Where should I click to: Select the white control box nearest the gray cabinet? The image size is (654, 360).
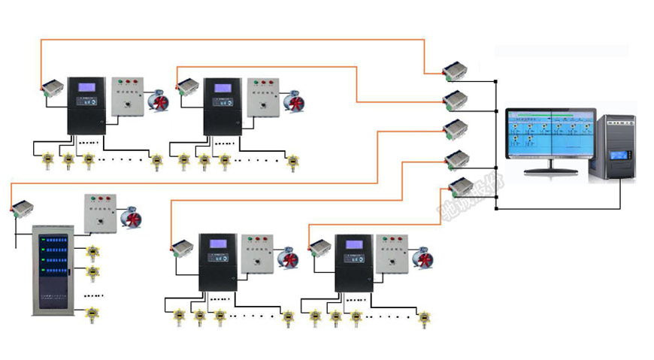point(100,213)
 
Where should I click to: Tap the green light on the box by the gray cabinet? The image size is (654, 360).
point(92,199)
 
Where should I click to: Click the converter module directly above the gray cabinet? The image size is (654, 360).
point(22,205)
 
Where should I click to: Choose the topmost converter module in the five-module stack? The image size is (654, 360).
point(455,71)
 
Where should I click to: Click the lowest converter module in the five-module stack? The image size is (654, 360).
point(459,186)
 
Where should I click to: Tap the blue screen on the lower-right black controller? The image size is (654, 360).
point(354,244)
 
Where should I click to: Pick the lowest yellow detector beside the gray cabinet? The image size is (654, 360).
point(92,310)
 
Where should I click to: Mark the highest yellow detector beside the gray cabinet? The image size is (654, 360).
point(92,251)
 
